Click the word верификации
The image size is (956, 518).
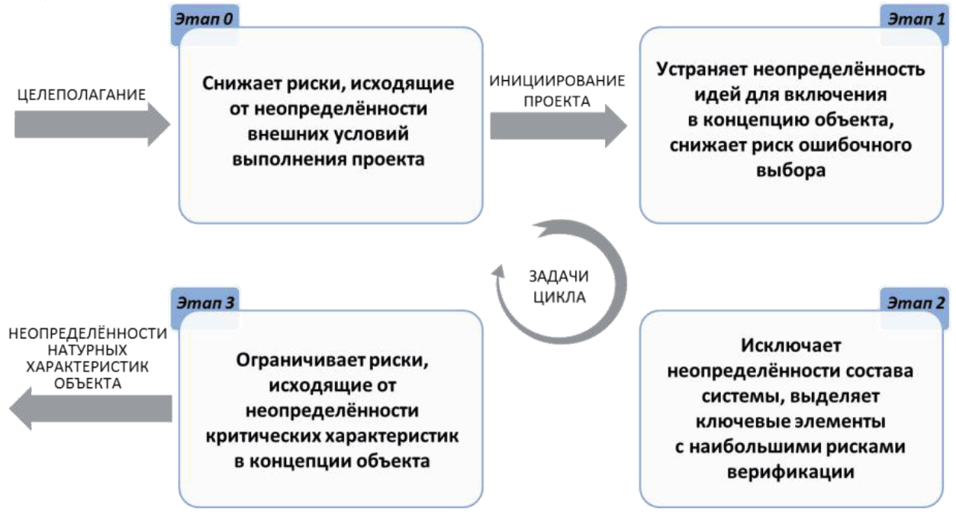tap(788, 471)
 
